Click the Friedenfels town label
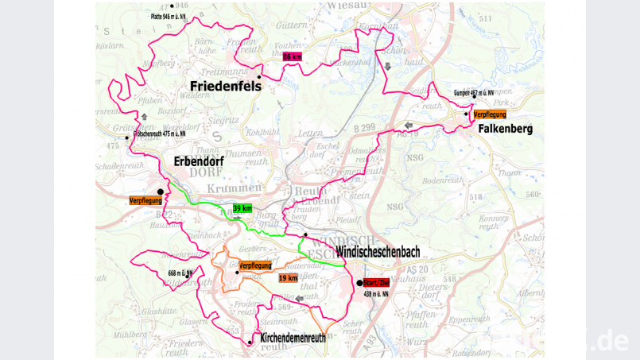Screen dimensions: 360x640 pyautogui.click(x=225, y=86)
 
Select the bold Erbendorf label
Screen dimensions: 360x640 pyautogui.click(x=199, y=162)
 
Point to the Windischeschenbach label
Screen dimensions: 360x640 pyautogui.click(x=378, y=252)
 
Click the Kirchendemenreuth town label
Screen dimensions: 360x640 pyautogui.click(x=293, y=338)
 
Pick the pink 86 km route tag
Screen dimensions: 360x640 pyautogui.click(x=293, y=56)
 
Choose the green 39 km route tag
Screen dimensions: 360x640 pyautogui.click(x=242, y=208)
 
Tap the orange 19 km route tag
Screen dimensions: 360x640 pyautogui.click(x=288, y=278)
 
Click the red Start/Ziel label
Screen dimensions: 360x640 pyautogui.click(x=375, y=283)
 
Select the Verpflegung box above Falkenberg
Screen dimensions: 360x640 pyautogui.click(x=489, y=114)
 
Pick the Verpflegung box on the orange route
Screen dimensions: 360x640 pyautogui.click(x=255, y=265)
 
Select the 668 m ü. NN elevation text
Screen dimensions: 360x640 pyautogui.click(x=180, y=273)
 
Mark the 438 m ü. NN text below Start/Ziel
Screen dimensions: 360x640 pyautogui.click(x=375, y=294)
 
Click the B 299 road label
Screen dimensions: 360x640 pyautogui.click(x=363, y=127)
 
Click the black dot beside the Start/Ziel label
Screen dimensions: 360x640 pyautogui.click(x=359, y=283)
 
